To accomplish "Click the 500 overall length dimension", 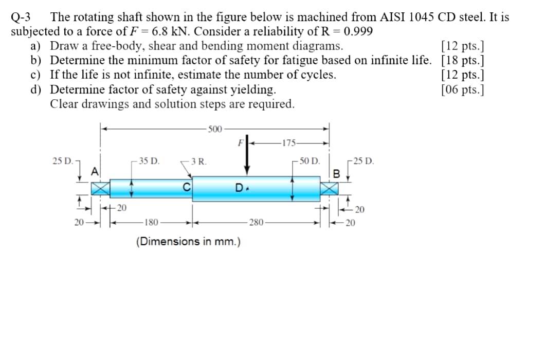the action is pos(215,130).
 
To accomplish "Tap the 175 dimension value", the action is pos(289,143).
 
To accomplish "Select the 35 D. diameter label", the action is pos(149,161).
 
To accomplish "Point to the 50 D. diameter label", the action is pos(310,161).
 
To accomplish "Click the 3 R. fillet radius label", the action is pos(199,161).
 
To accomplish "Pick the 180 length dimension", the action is pos(151,222).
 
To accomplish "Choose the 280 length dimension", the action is pos(257,222).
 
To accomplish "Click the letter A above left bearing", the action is pos(95,171).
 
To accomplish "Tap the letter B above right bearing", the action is pos(336,173).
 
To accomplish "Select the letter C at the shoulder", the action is pos(187,187).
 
